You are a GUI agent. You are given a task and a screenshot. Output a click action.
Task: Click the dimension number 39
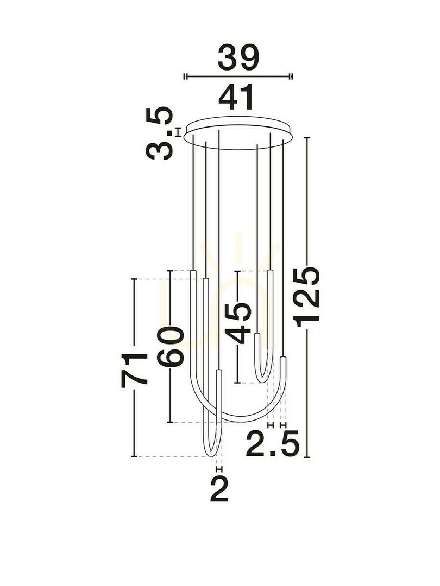pos(238,58)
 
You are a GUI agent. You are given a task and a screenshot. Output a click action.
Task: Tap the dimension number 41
pos(236,97)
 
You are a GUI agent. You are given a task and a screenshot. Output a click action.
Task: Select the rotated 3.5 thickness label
pos(160,133)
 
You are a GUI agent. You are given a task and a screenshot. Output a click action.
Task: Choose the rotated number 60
pos(170,346)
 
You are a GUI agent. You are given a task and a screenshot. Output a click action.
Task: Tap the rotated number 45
pos(238,323)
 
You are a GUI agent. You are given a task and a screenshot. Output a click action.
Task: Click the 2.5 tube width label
pos(273,444)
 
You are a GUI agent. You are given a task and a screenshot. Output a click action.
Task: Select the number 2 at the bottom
pos(219,488)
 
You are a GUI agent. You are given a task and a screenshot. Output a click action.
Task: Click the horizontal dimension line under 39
pos(238,77)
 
